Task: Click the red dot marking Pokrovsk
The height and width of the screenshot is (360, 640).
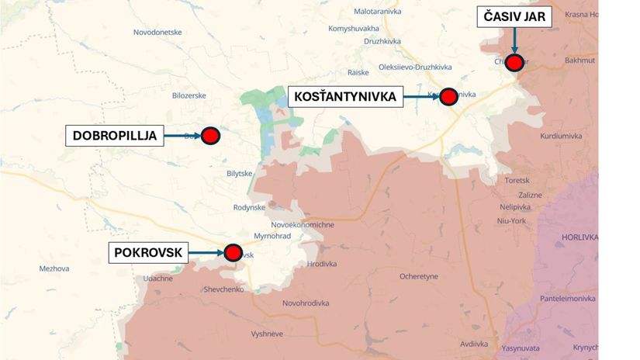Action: pos(233,252)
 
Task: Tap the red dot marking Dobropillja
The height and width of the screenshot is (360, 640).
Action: pos(210,136)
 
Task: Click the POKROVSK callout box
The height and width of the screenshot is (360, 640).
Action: pos(147,252)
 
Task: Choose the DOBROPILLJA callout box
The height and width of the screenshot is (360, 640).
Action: pos(115,136)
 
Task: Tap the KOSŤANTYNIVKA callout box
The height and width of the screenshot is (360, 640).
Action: pos(346,97)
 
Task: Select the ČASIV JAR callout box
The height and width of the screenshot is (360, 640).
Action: pos(514,16)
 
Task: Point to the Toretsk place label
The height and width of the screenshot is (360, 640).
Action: pos(517,180)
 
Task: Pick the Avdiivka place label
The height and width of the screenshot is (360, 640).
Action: pos(473,343)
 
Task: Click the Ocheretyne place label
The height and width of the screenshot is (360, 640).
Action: pos(419,276)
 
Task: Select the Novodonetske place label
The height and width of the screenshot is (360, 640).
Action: pos(157,32)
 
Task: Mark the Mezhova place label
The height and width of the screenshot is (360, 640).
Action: pos(54,268)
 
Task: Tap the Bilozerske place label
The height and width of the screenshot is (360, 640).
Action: pos(189,95)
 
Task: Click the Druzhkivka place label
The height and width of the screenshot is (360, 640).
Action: pos(381,41)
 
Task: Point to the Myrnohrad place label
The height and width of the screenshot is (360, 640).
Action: pos(272,236)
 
